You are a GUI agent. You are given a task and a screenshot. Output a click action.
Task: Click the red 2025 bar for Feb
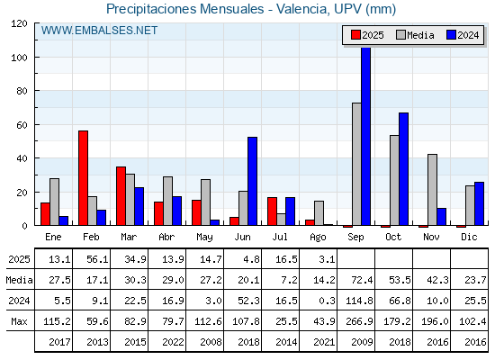pos(83,178)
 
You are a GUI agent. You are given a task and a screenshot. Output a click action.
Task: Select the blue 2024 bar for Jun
pos(253,181)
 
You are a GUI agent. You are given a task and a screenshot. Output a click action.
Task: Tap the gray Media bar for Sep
pos(356,164)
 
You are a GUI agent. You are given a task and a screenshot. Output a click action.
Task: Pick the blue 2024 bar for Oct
pos(404,169)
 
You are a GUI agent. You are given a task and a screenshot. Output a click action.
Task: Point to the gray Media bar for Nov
pos(432,190)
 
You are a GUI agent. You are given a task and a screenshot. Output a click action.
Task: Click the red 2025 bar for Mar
pos(121,196)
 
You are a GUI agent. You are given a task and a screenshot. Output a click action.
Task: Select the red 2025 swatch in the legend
pos(355,35)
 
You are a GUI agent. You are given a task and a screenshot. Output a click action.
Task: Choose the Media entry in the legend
pos(415,35)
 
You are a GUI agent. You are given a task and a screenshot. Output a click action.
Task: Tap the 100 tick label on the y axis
pos(19,58)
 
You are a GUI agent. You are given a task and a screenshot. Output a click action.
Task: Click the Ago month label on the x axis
pos(318,238)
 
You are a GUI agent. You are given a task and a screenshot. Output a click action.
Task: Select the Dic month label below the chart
pos(469,237)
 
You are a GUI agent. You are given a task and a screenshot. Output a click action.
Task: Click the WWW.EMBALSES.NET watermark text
pos(99,31)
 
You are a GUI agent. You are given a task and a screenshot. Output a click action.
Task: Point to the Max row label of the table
pos(19,321)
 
